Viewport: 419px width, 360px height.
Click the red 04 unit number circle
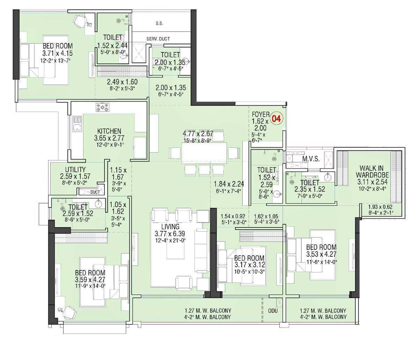click(276, 119)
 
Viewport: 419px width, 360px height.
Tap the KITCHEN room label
click(109, 131)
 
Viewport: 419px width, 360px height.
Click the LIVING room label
click(170, 227)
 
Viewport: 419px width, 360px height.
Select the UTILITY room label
click(75, 170)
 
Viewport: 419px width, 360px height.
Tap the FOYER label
click(260, 114)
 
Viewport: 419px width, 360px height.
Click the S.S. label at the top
click(160, 24)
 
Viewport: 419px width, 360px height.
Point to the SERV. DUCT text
click(158, 39)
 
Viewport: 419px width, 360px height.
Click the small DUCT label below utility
click(95, 192)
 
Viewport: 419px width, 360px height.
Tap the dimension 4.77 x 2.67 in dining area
click(198, 134)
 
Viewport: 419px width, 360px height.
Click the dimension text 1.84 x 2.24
click(229, 184)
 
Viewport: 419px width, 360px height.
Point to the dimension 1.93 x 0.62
click(381, 207)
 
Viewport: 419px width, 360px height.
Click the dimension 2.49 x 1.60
click(122, 82)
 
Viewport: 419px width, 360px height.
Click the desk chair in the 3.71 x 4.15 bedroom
click(79, 22)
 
